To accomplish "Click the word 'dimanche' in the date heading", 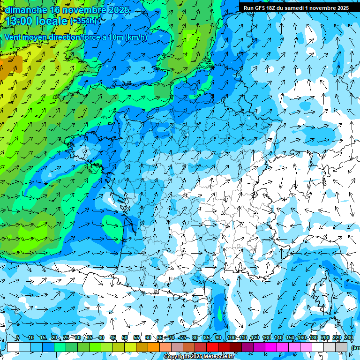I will (x=26, y=10).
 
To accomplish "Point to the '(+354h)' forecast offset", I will (x=83, y=21).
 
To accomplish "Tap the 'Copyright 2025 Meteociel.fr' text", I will (x=199, y=357).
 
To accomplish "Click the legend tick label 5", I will (x=18, y=338).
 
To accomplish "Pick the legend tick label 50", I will (x=125, y=338).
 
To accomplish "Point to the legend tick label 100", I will (x=232, y=338).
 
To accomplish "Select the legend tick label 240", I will (x=348, y=338).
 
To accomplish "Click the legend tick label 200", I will (x=325, y=338).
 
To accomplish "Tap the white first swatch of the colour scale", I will (x=13, y=347).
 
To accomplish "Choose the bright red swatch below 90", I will (x=213, y=347).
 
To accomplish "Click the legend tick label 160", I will (x=301, y=338).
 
